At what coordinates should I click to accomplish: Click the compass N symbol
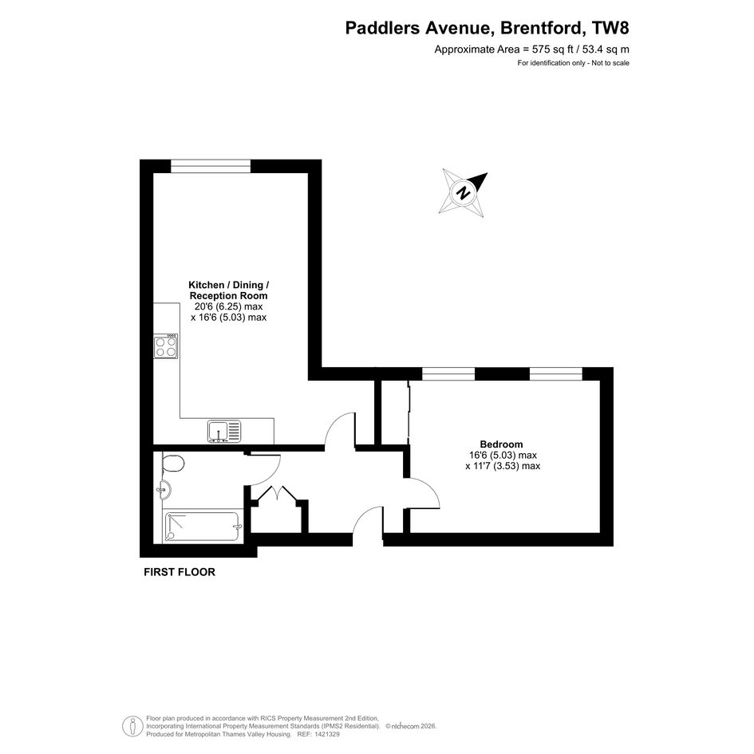click(463, 193)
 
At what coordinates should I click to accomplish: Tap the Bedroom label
click(501, 444)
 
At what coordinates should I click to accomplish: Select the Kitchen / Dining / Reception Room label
click(228, 290)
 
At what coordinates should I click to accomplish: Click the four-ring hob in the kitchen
click(166, 345)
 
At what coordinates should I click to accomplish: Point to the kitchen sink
click(224, 432)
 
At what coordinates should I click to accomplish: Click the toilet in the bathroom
click(173, 464)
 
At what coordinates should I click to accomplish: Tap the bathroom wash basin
click(164, 491)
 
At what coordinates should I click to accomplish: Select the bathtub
click(203, 526)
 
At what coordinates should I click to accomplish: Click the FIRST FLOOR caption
click(180, 572)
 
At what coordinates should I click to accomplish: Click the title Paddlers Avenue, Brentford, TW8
click(487, 28)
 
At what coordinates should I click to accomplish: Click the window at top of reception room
click(211, 166)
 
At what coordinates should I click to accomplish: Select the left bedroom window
click(448, 373)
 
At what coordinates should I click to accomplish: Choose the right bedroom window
click(556, 373)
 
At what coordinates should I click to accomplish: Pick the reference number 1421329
click(326, 734)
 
